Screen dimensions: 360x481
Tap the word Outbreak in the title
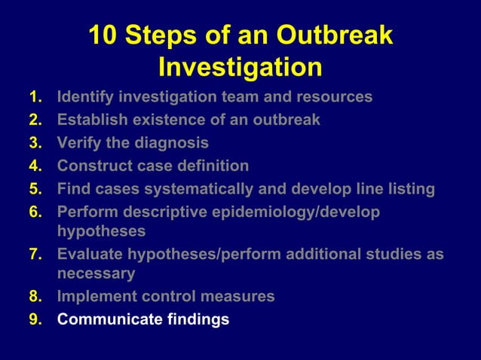334,35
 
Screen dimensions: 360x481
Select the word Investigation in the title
240,67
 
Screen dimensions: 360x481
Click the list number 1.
34,97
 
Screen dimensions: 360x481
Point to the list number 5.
34,188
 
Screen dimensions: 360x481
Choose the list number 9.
34,319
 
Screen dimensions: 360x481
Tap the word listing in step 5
408,188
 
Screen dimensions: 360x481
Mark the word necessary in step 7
96,273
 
